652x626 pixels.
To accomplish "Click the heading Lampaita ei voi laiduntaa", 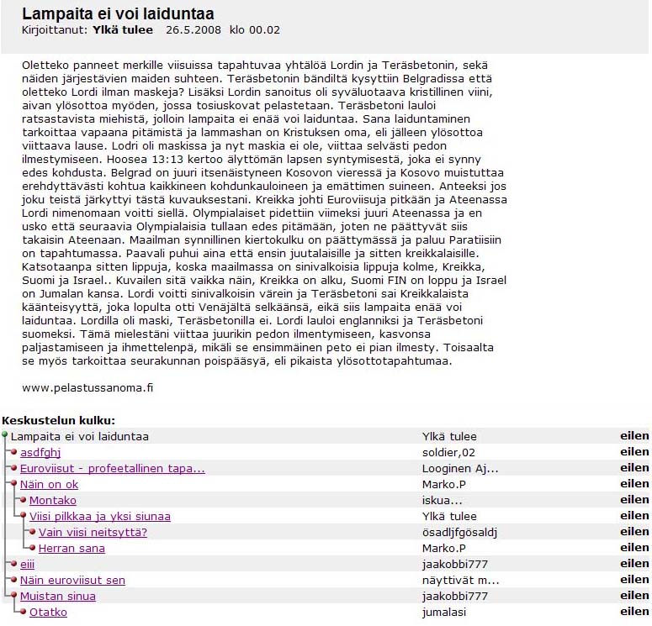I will tap(118, 14).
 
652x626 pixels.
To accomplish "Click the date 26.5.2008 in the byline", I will tap(193, 30).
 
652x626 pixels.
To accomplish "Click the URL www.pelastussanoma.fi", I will tap(87, 388).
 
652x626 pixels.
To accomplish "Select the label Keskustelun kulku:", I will tap(58, 420).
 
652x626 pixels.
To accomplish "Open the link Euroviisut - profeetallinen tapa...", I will tap(112, 468).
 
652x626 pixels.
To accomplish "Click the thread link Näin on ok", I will tap(49, 484).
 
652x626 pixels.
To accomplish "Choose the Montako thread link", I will tap(52, 501).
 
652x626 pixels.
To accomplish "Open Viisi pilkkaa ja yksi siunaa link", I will tap(99, 517).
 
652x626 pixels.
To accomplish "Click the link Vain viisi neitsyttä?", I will tap(93, 532).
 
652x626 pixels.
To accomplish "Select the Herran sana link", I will tap(72, 549).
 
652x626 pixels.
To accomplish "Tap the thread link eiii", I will tap(28, 565).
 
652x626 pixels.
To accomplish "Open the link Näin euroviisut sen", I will tap(72, 581).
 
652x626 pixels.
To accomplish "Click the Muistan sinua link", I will tap(57, 597).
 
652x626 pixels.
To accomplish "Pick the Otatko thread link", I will tap(48, 613).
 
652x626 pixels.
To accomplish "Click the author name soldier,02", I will tap(451, 452).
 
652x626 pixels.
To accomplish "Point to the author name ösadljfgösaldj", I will tap(460, 532).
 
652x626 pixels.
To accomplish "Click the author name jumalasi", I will tap(446, 613).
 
